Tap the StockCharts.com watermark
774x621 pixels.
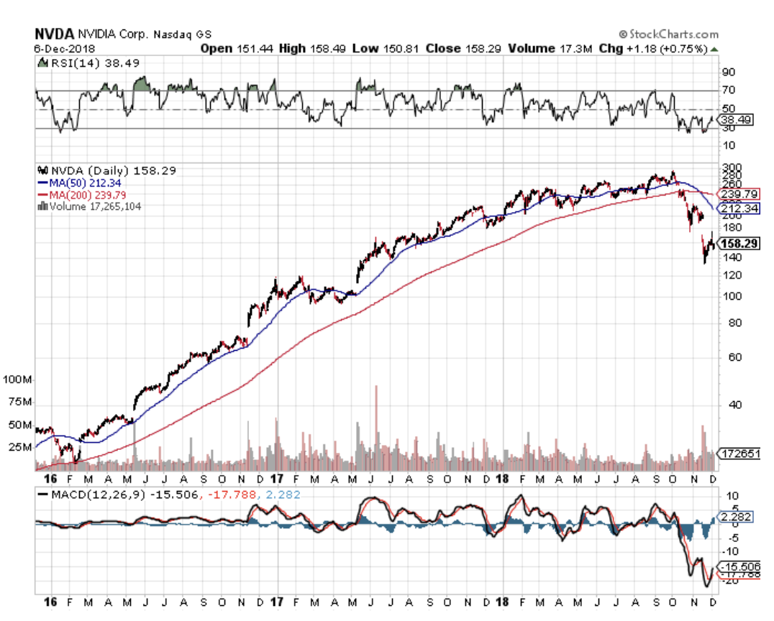click(668, 34)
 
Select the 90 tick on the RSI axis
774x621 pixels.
click(729, 73)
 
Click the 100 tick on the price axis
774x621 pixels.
click(731, 295)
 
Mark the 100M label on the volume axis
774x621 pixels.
click(17, 379)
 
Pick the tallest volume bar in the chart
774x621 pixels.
click(375, 428)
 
